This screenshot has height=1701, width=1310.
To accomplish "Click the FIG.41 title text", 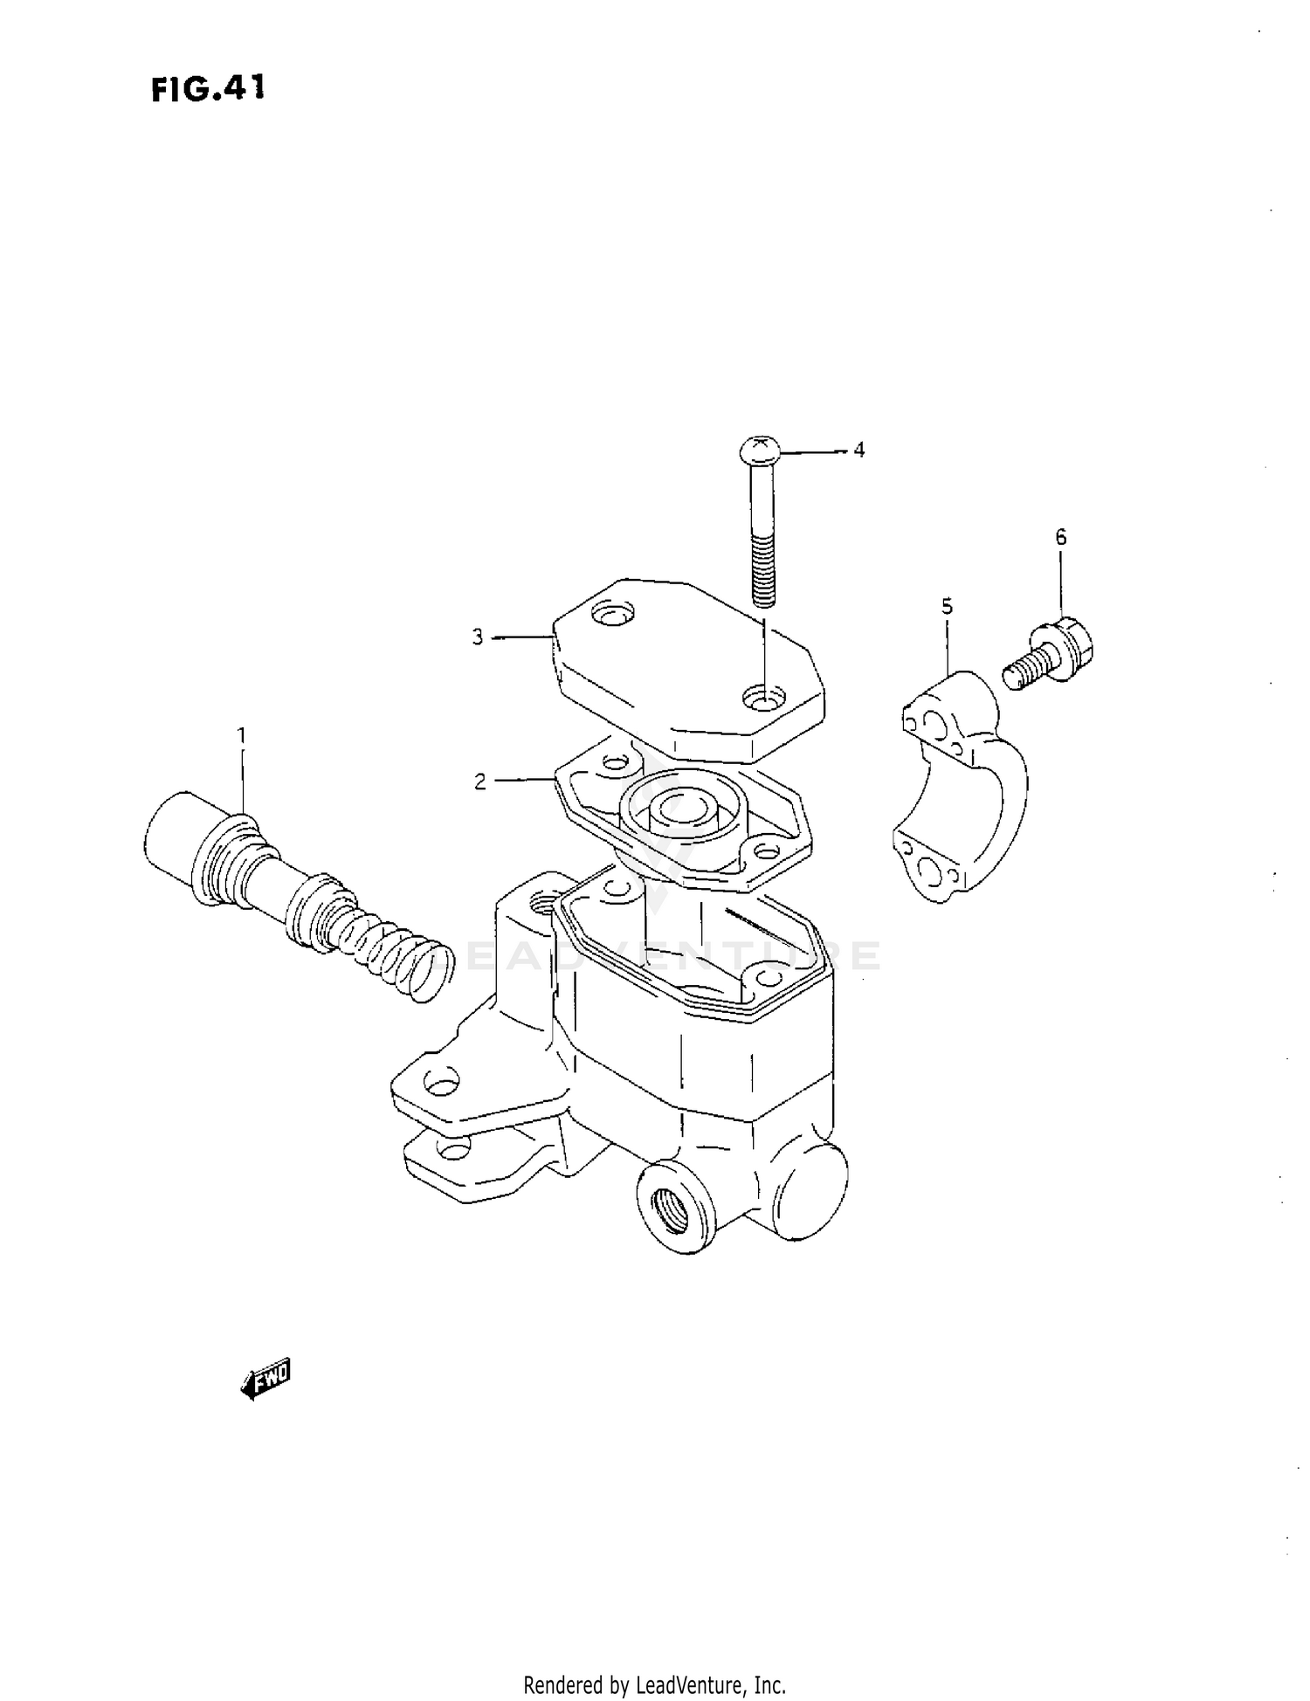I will point(207,88).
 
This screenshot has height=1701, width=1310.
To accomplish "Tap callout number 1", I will point(242,735).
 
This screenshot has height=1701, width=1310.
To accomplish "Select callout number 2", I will point(479,782).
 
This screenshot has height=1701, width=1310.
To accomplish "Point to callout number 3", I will point(478,637).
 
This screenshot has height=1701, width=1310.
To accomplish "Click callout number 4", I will point(859,450).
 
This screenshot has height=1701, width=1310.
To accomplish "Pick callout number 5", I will point(947,605).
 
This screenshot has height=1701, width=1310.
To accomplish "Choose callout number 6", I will point(1061,537).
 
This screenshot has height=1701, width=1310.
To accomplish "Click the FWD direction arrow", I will point(265,1379).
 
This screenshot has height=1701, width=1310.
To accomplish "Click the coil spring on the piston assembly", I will point(393,952).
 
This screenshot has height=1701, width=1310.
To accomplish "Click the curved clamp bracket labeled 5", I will point(961,786).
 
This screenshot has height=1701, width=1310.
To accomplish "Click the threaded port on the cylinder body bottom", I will point(672,1206).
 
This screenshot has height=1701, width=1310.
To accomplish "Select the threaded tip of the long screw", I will point(762,576).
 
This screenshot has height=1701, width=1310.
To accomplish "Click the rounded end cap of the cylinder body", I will point(812,1188).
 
